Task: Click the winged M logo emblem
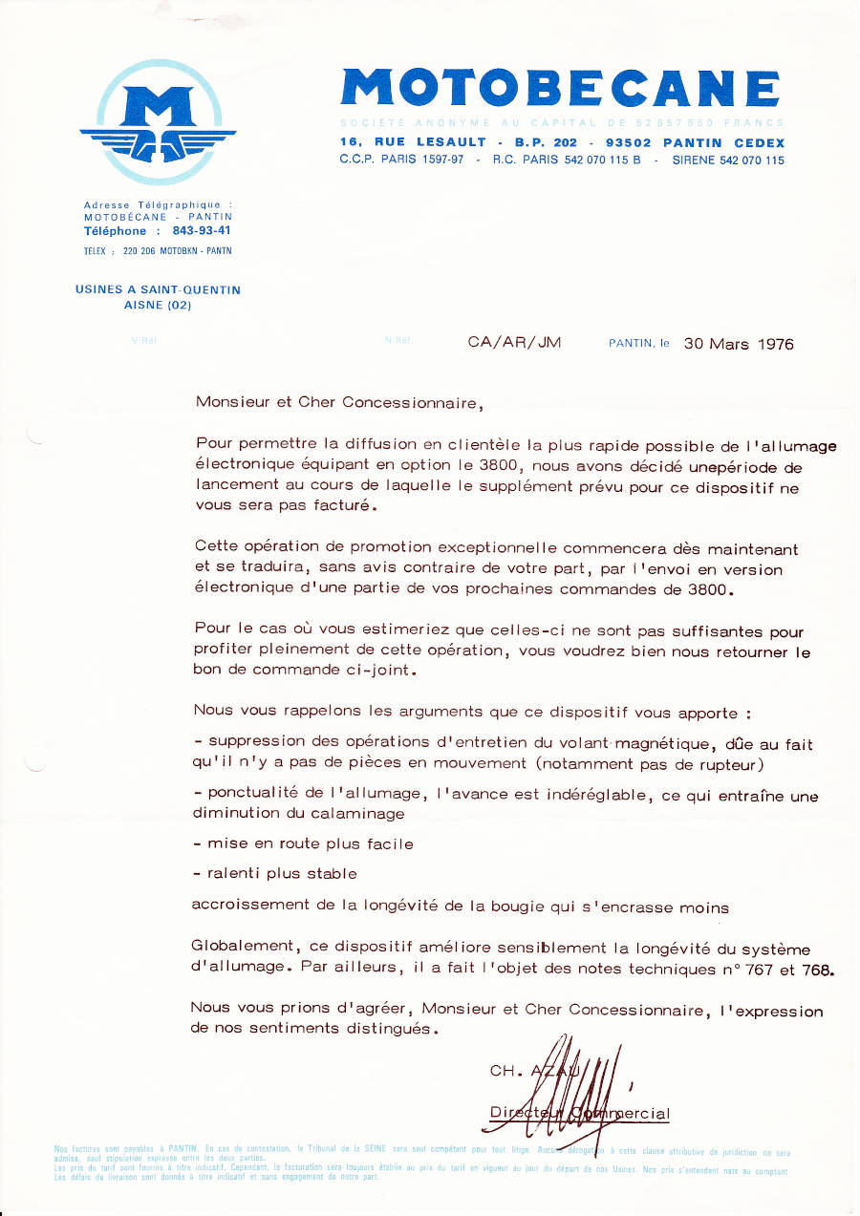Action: click(x=158, y=121)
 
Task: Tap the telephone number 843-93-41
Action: click(x=201, y=231)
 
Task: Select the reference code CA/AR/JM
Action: click(x=514, y=343)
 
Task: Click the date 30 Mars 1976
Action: click(x=739, y=344)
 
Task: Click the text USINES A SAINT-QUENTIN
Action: click(x=158, y=289)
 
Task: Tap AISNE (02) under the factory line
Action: click(x=158, y=306)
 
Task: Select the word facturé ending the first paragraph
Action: click(x=336, y=506)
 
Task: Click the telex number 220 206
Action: click(x=142, y=251)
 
